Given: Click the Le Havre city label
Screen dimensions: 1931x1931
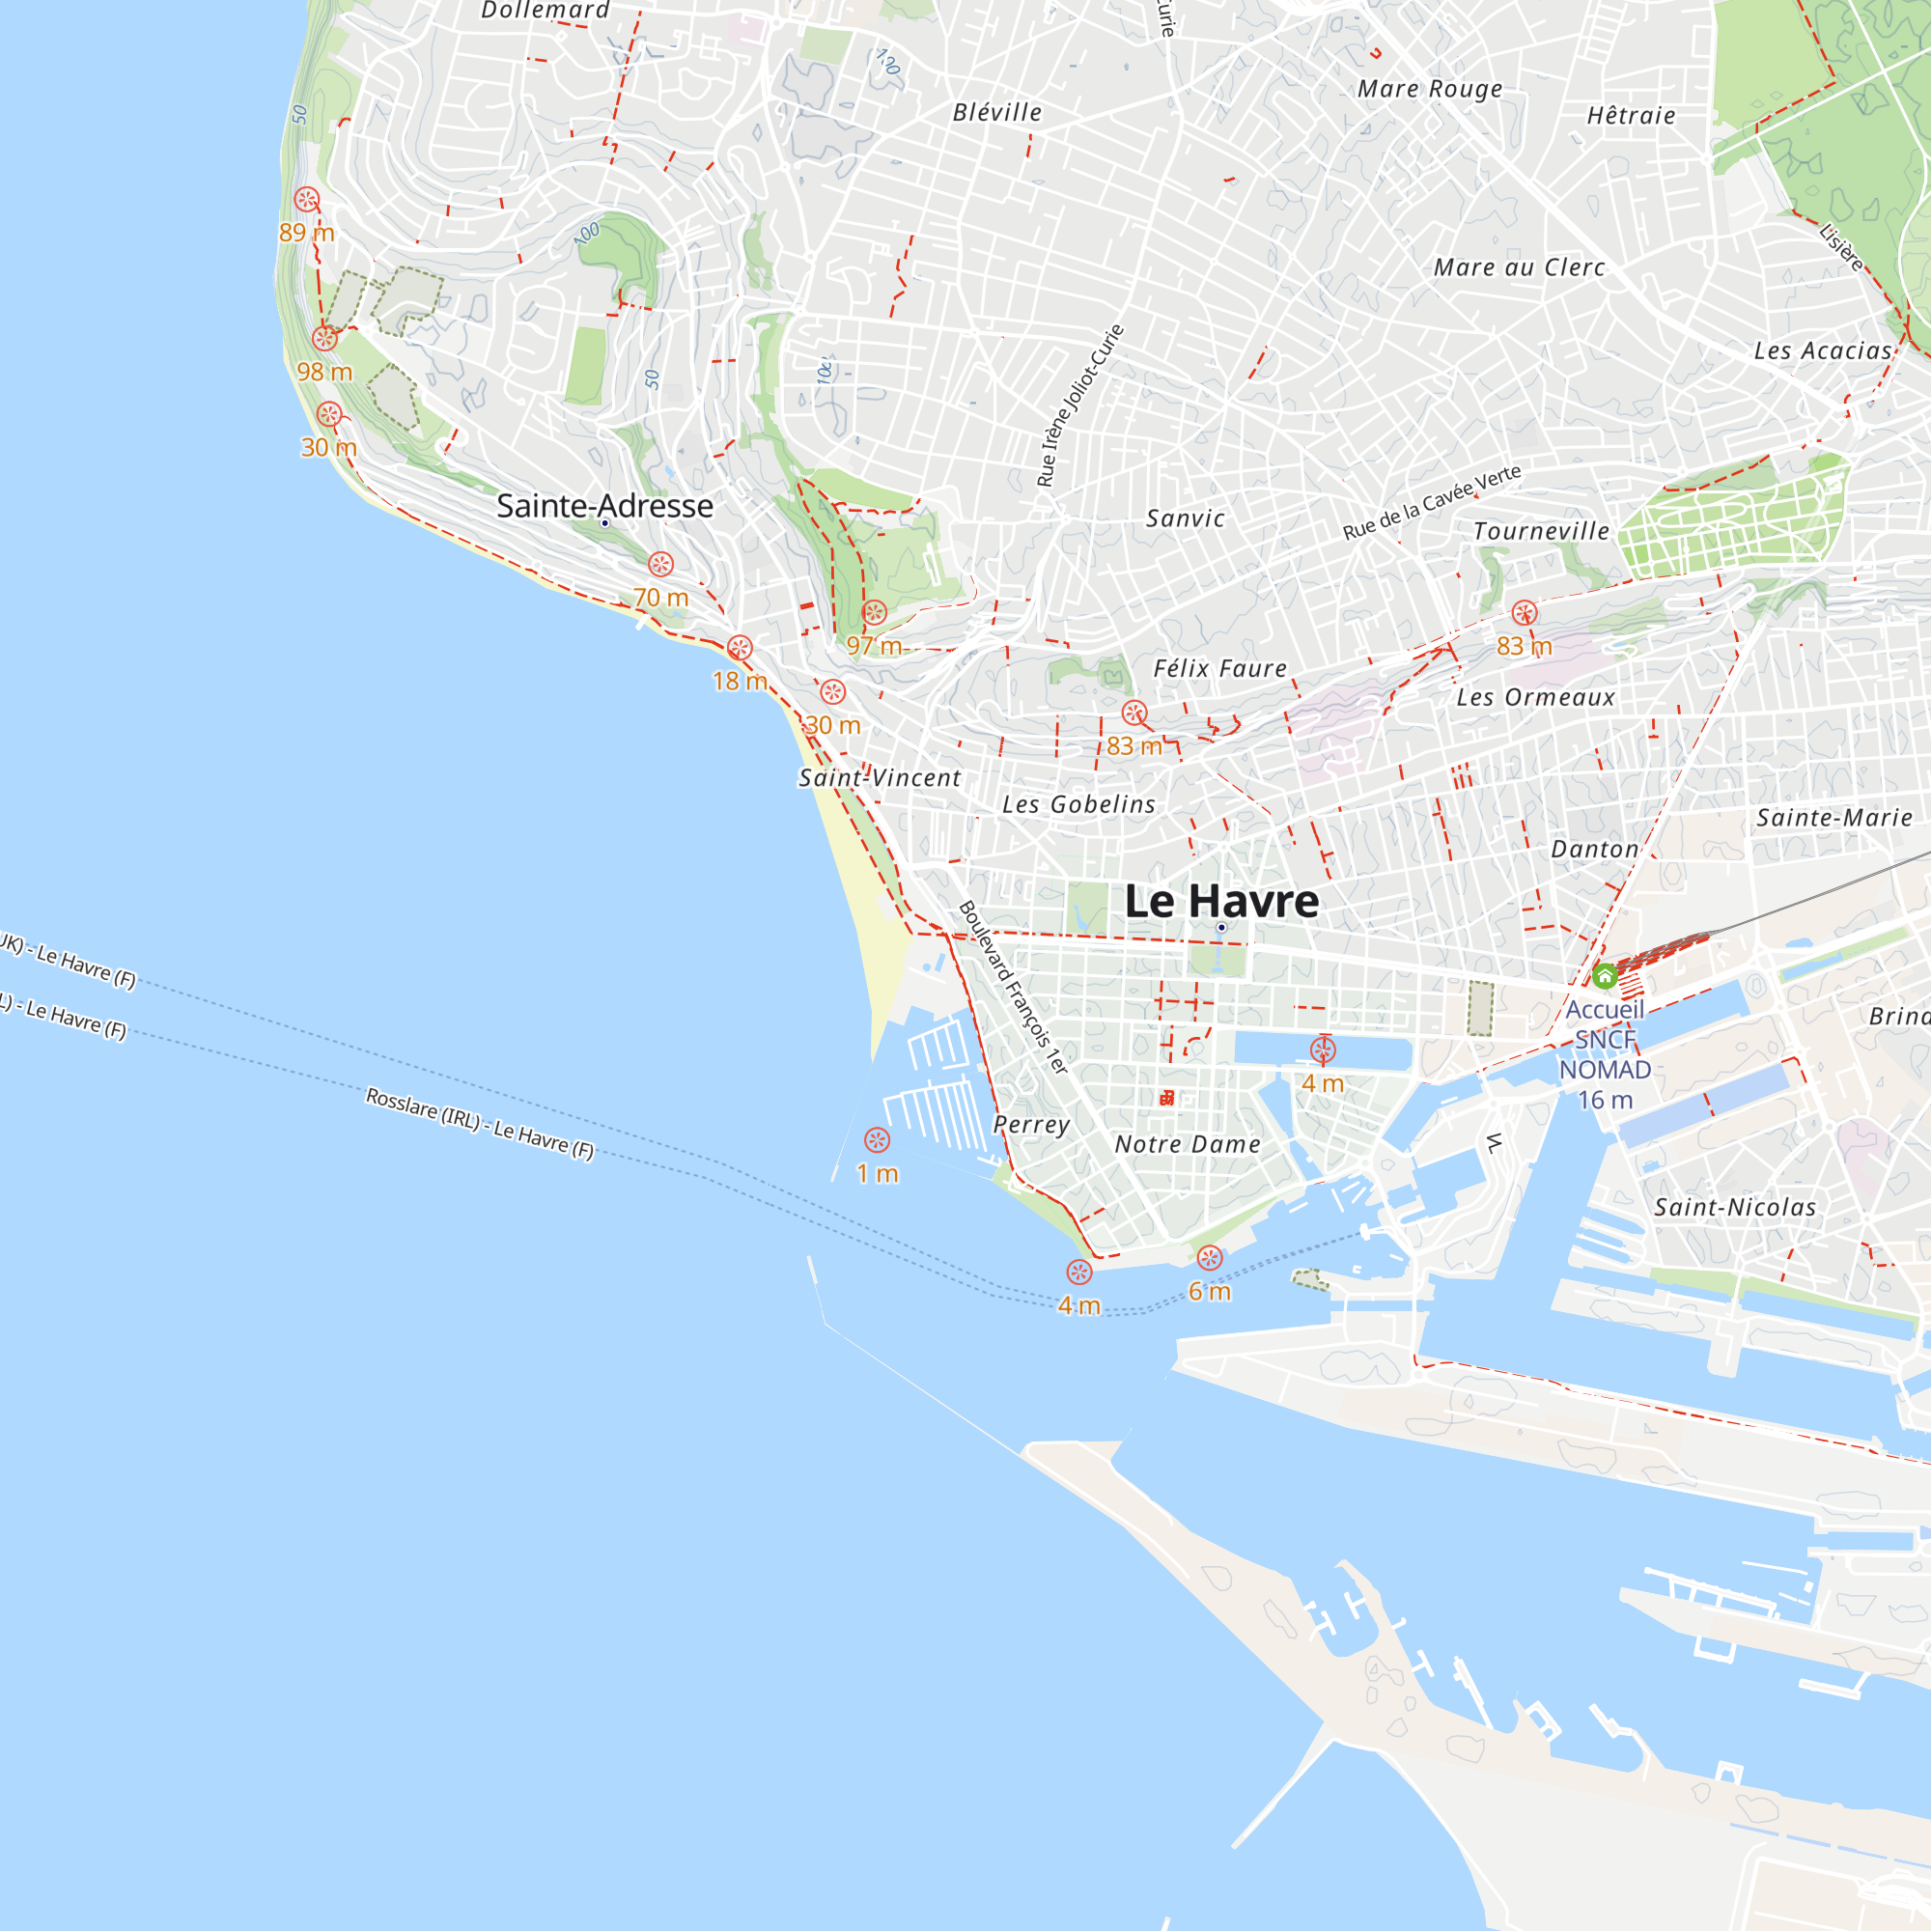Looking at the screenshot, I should click(x=1221, y=901).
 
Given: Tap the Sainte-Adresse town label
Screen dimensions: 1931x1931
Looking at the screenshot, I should click(x=604, y=506).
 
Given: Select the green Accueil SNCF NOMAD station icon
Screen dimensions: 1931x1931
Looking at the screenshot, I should click(x=1604, y=975).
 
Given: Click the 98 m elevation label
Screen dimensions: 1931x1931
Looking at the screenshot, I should click(x=324, y=372).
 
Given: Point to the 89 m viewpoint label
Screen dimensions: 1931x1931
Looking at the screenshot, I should click(x=306, y=233).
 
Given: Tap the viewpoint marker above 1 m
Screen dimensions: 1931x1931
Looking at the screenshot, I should click(x=877, y=1139).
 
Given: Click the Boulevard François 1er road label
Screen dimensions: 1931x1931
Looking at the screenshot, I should click(x=1014, y=988).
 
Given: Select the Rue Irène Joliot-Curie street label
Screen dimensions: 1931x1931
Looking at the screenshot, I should click(x=1080, y=406).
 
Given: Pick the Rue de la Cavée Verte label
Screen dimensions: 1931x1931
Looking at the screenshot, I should click(x=1431, y=502).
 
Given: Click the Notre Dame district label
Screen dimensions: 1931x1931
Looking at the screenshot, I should click(x=1188, y=1144).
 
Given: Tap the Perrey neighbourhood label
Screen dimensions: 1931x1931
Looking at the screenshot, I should click(x=1031, y=1125).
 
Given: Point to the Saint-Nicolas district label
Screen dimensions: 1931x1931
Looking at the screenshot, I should click(x=1735, y=1208).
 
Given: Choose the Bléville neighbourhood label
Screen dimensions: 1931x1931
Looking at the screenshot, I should click(x=996, y=113).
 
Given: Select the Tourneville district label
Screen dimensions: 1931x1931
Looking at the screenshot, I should click(x=1541, y=532).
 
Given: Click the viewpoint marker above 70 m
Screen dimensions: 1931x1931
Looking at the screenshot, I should click(x=660, y=564).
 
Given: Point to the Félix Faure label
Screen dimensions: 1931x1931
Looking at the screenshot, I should click(x=1220, y=669).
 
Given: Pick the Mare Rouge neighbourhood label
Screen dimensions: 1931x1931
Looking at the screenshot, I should click(x=1429, y=89).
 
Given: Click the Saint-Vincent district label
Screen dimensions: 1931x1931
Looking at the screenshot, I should click(x=880, y=777).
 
